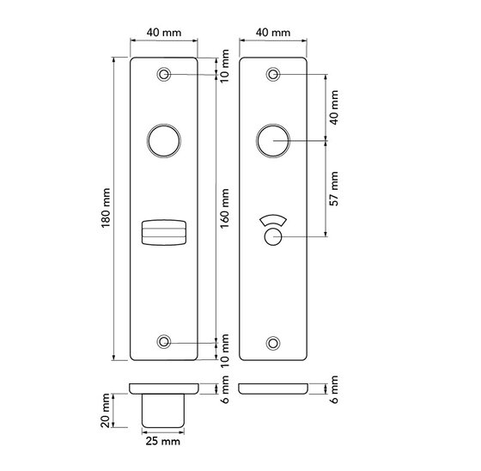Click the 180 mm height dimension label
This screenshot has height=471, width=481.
click(x=105, y=207)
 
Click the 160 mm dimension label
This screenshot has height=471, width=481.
click(x=227, y=207)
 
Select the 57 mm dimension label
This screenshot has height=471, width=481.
click(x=336, y=189)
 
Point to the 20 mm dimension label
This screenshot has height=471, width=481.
click(x=105, y=409)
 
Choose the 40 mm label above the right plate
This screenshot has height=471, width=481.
click(x=273, y=32)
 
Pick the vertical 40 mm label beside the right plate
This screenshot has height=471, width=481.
click(x=336, y=107)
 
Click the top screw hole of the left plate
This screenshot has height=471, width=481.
click(x=163, y=75)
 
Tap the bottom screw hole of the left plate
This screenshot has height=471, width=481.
click(x=163, y=342)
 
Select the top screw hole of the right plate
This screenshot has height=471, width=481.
click(x=273, y=75)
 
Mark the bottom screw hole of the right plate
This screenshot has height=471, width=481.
click(x=273, y=342)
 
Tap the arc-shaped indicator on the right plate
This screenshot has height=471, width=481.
click(x=273, y=220)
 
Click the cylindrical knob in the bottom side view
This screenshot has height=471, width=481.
click(x=163, y=409)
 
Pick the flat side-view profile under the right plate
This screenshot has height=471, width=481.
click(x=273, y=388)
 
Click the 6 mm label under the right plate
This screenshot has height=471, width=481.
click(x=336, y=387)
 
